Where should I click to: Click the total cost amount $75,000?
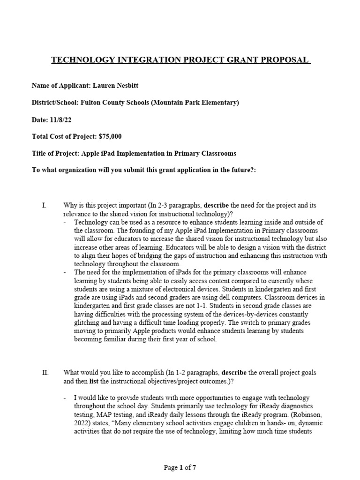[112, 137]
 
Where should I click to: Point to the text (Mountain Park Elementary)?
[195, 103]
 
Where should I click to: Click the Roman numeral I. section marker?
[44, 205]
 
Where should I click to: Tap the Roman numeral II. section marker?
[45, 373]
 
